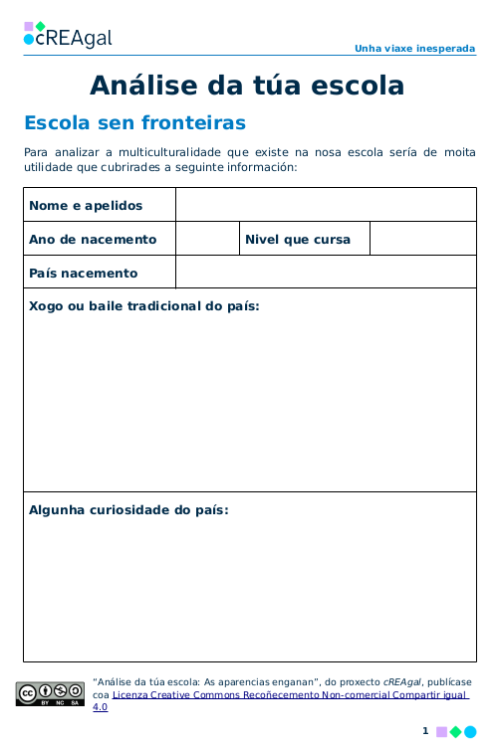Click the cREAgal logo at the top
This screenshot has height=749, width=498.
coord(67,36)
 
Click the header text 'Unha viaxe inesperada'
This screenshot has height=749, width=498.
coord(414,48)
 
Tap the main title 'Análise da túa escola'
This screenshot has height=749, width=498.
coord(247,86)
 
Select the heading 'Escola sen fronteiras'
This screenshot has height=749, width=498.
coord(134,123)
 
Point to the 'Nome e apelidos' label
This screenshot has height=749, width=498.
coord(86,206)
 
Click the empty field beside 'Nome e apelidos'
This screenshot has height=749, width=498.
coord(326,205)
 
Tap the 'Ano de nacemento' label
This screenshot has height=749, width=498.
coord(93,240)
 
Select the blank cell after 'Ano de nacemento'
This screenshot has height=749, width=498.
coord(206,240)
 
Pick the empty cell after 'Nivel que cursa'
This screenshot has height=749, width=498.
coord(422,240)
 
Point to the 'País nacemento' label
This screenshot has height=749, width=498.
coord(84,274)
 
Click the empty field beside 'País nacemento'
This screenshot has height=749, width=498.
coord(326,274)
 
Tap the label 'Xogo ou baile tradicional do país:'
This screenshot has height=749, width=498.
coord(144,306)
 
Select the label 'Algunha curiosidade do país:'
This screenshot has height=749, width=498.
coord(128,510)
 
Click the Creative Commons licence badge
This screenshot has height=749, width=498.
coord(50,693)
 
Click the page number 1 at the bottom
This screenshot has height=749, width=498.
coord(425,731)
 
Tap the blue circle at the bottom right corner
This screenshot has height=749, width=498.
coord(470,732)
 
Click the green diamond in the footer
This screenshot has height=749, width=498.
coord(456,732)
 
